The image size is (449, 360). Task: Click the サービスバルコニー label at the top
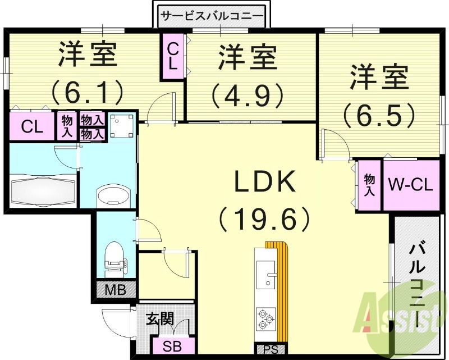[212, 16]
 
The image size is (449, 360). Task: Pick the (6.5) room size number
[379, 115]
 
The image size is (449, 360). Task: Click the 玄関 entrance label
[159, 321]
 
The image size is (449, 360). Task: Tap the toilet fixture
[114, 256]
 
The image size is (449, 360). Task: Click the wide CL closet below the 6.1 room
[31, 126]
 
